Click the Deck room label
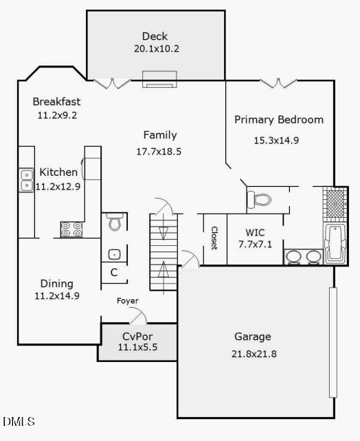[x=155, y=36]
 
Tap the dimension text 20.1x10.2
[x=157, y=49]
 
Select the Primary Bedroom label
[x=278, y=120]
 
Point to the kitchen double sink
[x=26, y=180]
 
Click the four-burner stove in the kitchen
[x=71, y=229]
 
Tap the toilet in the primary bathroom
[x=260, y=200]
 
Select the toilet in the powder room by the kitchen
[x=114, y=223]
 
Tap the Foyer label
[x=127, y=301]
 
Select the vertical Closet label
[x=214, y=238]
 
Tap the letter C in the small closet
[x=114, y=273]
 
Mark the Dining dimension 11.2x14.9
[x=57, y=296]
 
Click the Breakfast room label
[x=56, y=102]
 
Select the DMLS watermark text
[x=19, y=421]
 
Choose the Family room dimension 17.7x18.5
[x=159, y=151]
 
